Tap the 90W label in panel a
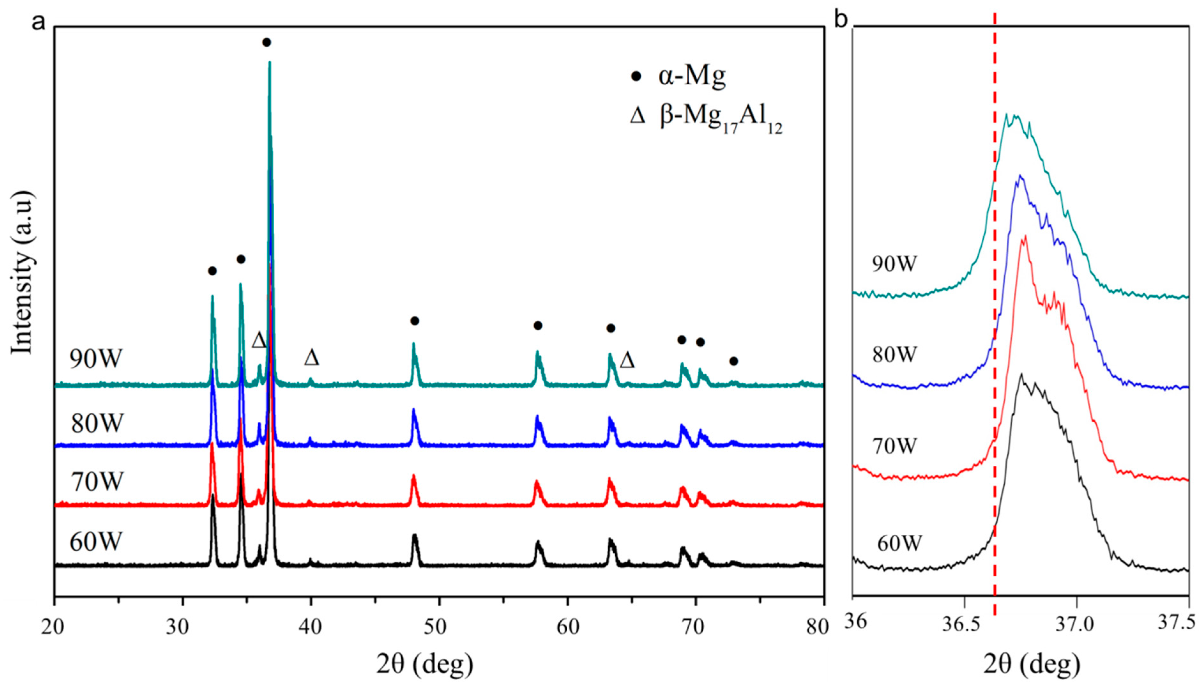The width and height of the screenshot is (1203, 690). pos(96,359)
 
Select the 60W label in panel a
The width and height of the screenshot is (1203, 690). pos(96,542)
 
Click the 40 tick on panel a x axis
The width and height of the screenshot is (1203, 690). pos(310,627)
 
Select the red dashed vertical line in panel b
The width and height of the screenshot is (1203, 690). pos(994,332)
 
